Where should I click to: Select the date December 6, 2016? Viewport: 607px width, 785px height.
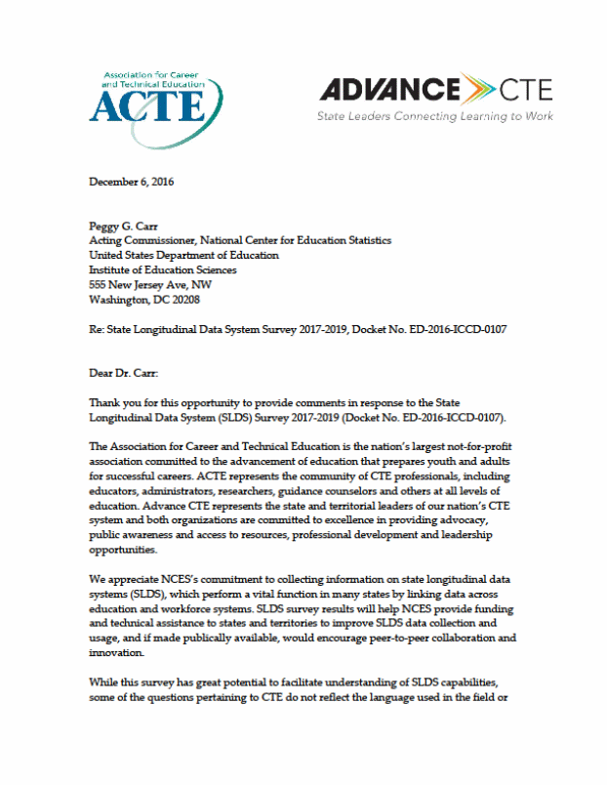coord(132,181)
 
